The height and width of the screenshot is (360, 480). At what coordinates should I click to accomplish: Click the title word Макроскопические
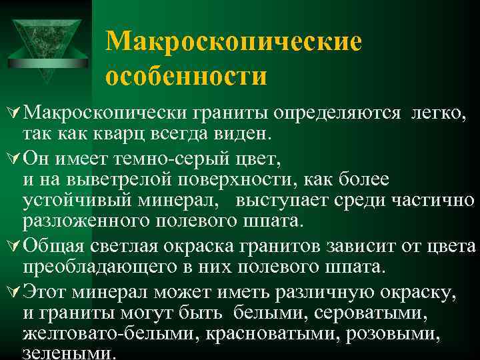tap(234, 42)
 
